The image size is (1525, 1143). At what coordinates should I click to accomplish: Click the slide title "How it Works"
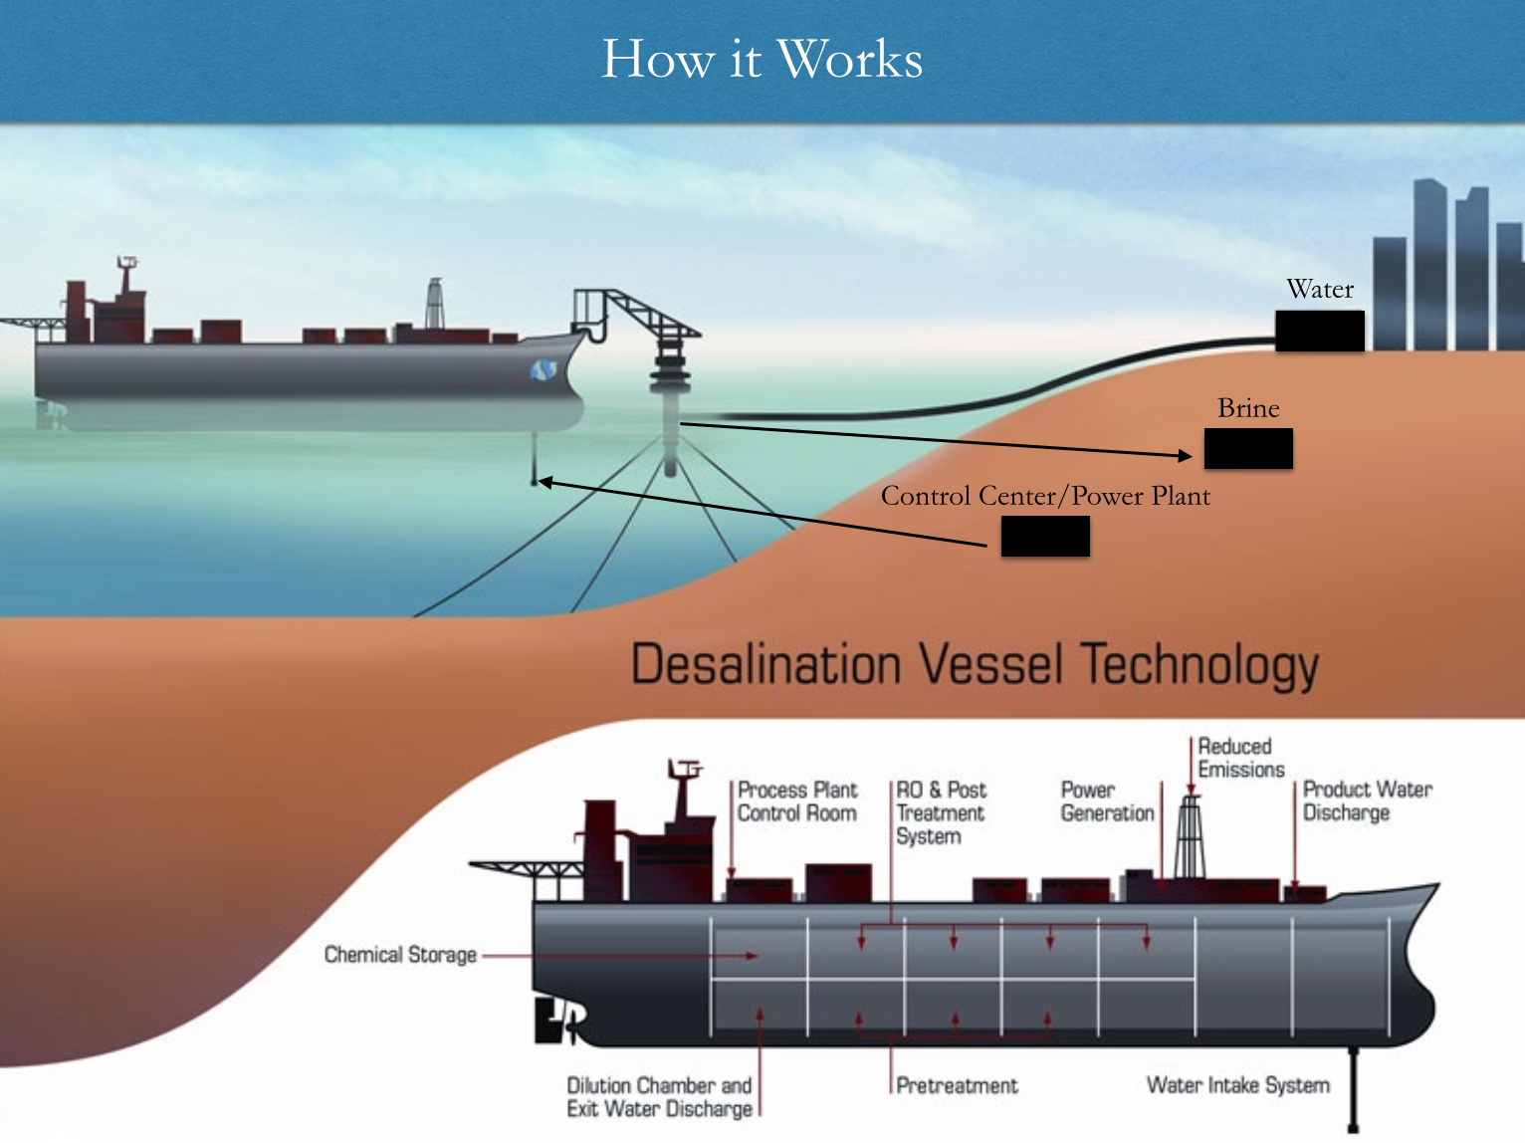[762, 59]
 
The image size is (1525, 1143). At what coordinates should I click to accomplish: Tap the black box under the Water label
[1320, 331]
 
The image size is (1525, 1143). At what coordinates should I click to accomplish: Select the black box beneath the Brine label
[1248, 448]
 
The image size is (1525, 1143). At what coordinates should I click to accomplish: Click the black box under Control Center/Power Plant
[1045, 537]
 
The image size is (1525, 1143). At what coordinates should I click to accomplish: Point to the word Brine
[1248, 408]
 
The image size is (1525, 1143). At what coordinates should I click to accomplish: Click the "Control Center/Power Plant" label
[1045, 496]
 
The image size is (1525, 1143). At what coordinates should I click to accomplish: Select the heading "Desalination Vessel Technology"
[975, 665]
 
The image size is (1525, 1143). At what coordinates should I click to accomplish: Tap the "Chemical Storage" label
[400, 955]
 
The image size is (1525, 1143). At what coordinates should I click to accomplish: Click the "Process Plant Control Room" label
[796, 801]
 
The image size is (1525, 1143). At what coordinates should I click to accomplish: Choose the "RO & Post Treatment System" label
[940, 812]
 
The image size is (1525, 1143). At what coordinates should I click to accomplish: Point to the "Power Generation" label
[1107, 801]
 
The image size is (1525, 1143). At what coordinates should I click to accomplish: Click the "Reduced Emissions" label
[1240, 758]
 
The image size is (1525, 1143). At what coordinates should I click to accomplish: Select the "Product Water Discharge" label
[1367, 800]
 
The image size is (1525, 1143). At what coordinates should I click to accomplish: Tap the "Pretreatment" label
[957, 1085]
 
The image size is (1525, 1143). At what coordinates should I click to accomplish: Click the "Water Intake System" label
[1237, 1084]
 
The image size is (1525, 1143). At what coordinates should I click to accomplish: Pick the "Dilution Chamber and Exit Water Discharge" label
[659, 1096]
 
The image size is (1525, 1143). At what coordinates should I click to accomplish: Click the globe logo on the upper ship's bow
[542, 370]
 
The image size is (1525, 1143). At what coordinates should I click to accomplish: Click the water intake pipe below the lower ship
[1353, 1089]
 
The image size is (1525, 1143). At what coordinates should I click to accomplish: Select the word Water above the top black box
[1320, 289]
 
